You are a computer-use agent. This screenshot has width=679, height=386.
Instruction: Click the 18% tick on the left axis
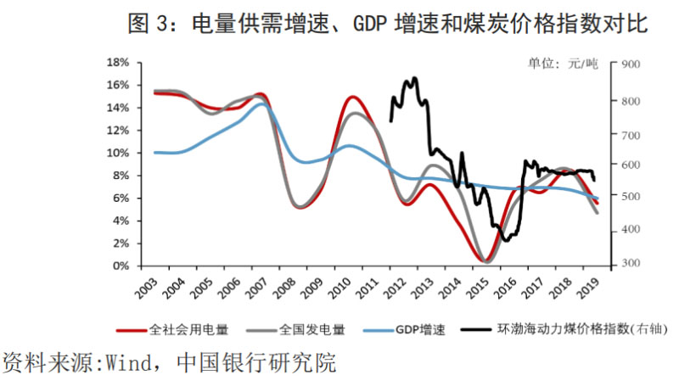118,63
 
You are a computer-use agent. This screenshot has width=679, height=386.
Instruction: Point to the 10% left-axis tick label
118,153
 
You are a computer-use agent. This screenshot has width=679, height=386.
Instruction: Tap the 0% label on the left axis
121,266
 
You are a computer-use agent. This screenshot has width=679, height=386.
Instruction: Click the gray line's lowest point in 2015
485,261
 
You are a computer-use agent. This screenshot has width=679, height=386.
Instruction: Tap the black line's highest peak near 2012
413,78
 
